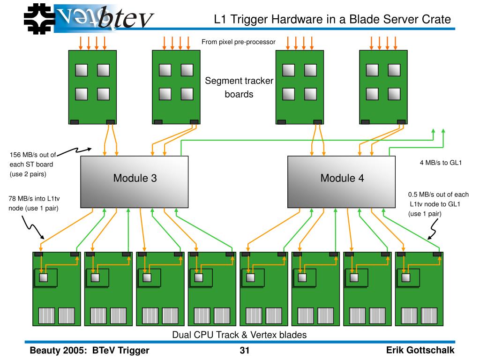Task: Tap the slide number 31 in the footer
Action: [244, 351]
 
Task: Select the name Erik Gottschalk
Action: [420, 351]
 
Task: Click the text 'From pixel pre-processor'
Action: [238, 42]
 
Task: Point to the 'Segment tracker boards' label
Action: [239, 88]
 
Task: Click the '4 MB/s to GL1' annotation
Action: [441, 163]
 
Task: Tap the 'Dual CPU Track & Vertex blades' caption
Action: [239, 335]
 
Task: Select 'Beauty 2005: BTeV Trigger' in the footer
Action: [90, 351]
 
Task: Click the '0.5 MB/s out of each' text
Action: [438, 195]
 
